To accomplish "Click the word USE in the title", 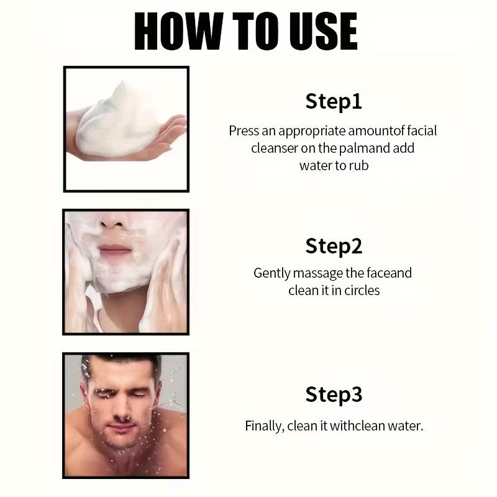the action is [323, 31].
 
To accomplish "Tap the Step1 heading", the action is [334, 101].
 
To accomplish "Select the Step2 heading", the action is [334, 246].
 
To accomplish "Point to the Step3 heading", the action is [334, 394].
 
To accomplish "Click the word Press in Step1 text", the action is [244, 130].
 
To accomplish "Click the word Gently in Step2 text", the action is [271, 273].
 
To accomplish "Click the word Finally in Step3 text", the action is [265, 426].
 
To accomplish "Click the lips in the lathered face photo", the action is [114, 250].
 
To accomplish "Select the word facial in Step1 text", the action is [422, 130].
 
